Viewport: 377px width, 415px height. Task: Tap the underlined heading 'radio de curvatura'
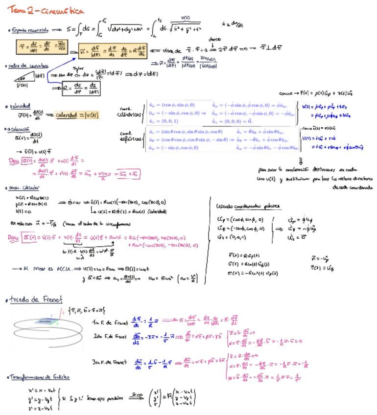click(x=28, y=66)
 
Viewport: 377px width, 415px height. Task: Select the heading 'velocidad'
click(x=19, y=106)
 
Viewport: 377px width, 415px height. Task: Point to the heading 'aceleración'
click(x=18, y=129)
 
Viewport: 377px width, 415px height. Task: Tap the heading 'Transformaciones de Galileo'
click(x=40, y=377)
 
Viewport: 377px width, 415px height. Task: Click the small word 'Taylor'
click(x=78, y=69)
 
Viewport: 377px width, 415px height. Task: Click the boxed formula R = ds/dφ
click(x=81, y=89)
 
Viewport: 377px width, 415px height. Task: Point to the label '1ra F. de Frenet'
click(x=110, y=323)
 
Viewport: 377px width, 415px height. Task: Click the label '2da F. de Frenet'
click(x=111, y=336)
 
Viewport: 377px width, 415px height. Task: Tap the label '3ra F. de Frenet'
click(x=110, y=362)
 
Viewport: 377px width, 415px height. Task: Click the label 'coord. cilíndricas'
click(x=129, y=112)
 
